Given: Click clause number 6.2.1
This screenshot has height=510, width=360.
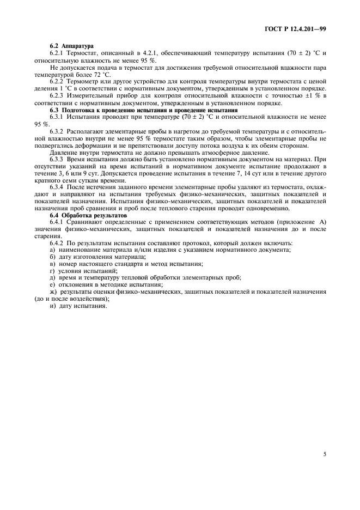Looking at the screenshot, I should tap(57, 53).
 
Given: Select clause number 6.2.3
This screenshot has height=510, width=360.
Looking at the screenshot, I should tap(57, 96).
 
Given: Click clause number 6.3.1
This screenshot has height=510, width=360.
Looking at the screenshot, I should tap(57, 117).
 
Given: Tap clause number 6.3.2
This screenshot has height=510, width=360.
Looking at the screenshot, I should tap(57, 131).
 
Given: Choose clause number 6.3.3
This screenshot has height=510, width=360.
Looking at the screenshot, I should tap(57, 160).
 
